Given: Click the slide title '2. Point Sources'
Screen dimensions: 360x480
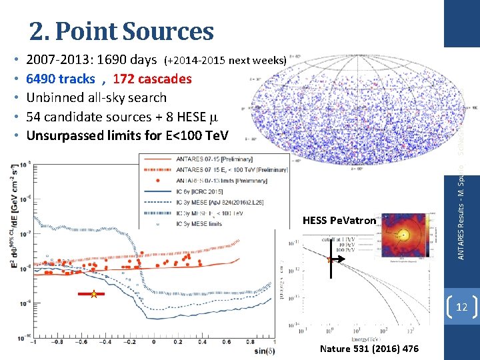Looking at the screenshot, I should [121, 31].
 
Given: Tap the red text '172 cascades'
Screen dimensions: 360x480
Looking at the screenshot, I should [152, 79].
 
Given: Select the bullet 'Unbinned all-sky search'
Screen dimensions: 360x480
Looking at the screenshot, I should [96, 97].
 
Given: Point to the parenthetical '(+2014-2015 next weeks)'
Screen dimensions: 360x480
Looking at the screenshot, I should [225, 61].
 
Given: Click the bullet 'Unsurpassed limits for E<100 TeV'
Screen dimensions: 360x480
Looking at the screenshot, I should [127, 135].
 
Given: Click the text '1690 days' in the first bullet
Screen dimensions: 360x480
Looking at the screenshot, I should [125, 60].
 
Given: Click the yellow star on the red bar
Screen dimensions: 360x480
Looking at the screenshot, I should [94, 294].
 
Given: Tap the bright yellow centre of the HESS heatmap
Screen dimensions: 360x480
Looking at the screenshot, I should [403, 235].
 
